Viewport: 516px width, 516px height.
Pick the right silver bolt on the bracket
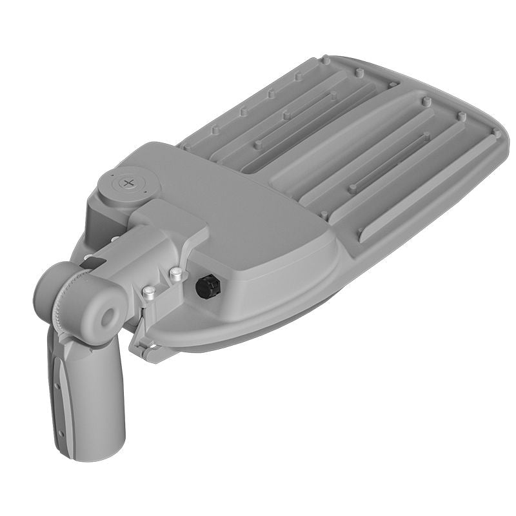click(175, 276)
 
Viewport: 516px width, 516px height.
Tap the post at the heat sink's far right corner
click(496, 134)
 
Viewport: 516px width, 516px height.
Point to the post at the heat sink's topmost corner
click(326, 60)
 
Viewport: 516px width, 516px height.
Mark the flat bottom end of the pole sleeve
click(87, 451)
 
